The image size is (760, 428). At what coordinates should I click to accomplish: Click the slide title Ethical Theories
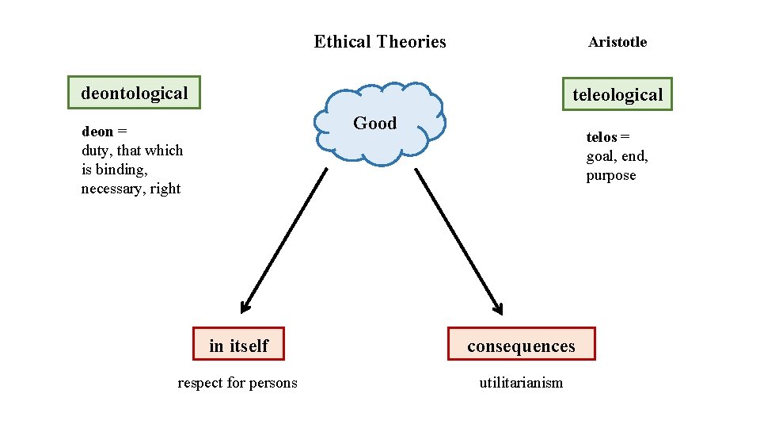379,42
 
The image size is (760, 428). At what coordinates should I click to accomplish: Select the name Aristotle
617,43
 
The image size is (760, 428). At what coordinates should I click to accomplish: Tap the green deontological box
134,93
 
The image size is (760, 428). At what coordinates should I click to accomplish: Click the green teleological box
617,94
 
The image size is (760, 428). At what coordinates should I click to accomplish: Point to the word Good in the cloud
374,123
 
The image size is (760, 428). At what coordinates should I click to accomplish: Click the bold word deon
97,132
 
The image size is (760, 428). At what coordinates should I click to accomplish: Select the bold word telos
602,138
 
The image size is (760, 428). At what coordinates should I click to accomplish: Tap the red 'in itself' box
238,346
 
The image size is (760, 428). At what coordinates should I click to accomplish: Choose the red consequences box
521,346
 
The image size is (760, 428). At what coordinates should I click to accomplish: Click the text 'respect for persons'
237,384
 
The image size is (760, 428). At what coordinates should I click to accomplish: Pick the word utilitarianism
521,384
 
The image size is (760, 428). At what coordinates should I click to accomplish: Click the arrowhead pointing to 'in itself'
246,307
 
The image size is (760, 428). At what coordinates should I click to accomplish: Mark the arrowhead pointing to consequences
496,307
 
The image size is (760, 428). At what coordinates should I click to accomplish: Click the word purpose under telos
611,176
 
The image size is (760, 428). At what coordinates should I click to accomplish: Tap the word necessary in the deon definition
112,189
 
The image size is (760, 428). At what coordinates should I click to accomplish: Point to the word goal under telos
602,157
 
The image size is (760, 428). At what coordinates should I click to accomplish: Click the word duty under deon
96,151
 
